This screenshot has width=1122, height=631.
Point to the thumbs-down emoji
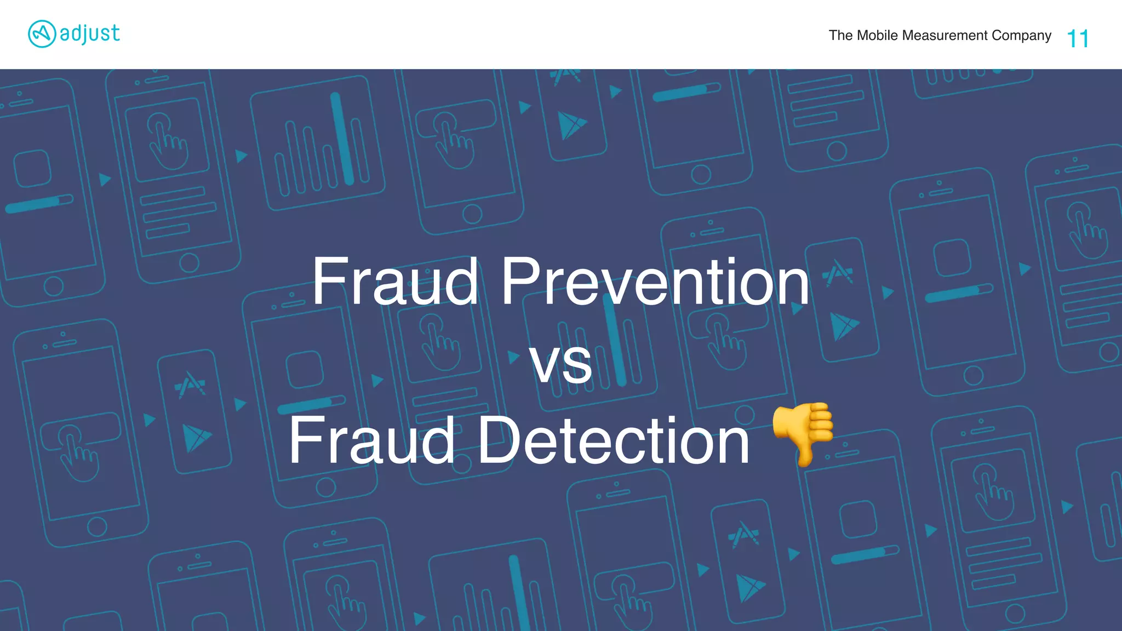tap(803, 433)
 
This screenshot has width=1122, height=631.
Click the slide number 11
tap(1078, 39)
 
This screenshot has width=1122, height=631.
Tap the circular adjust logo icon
tap(42, 34)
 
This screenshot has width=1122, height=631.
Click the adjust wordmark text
tap(90, 34)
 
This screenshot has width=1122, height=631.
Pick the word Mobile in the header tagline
tap(877, 36)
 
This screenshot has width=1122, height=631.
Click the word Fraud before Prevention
tap(395, 282)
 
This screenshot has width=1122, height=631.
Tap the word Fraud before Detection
tap(371, 440)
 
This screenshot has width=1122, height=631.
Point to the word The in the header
tap(840, 36)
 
